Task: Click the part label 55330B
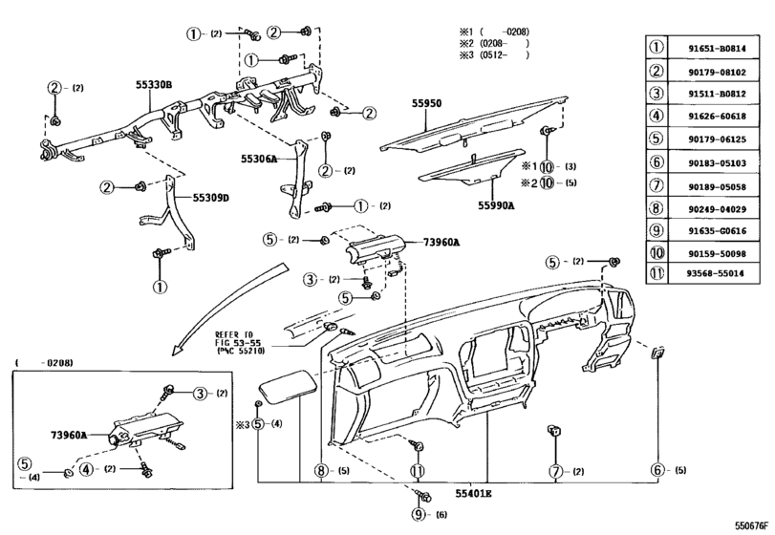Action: (153, 85)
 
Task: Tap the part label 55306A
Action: (258, 160)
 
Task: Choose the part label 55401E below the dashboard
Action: (473, 494)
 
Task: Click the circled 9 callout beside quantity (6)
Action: (418, 515)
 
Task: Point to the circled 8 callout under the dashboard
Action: (321, 470)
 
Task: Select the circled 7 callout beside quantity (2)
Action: (553, 470)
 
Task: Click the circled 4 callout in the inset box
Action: (86, 469)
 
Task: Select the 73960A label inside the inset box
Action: (69, 435)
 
